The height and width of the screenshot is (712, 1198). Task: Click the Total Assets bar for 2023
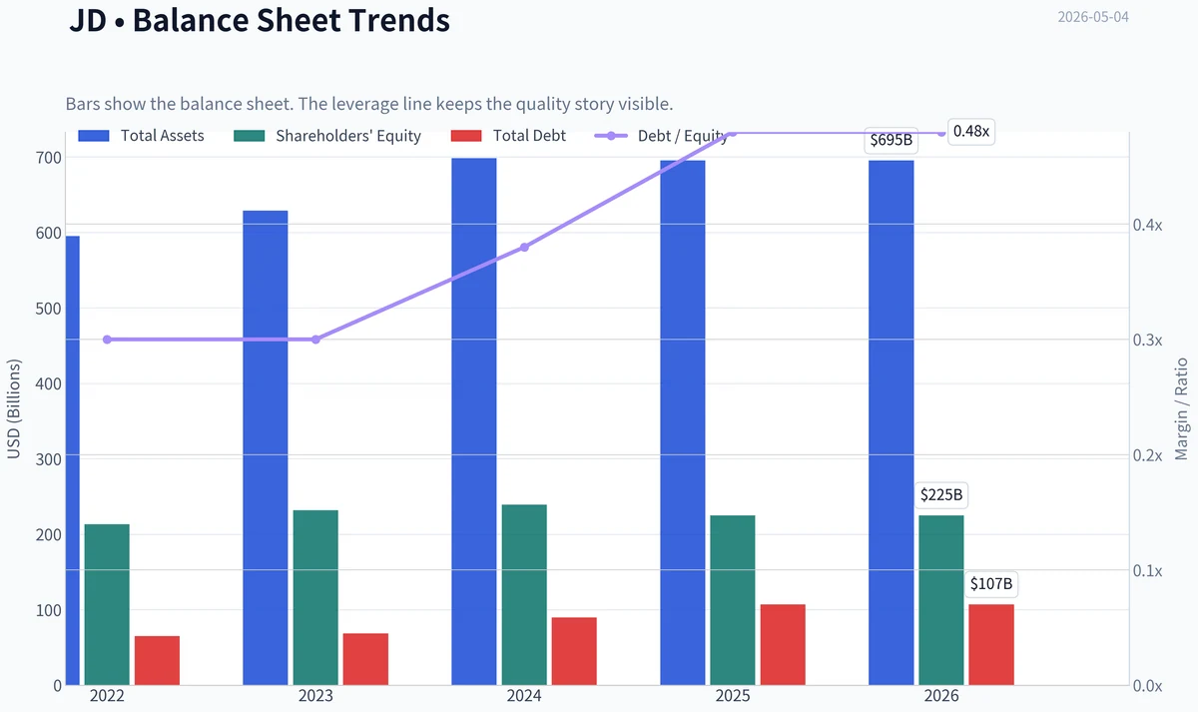point(266,447)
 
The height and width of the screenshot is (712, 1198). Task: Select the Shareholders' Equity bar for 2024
point(524,595)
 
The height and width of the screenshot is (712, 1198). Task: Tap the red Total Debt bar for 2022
point(158,661)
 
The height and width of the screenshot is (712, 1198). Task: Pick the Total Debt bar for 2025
point(783,645)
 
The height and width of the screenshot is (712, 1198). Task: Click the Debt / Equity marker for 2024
point(525,247)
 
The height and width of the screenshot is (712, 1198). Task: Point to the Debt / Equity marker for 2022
point(107,340)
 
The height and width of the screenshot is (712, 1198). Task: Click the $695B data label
point(891,140)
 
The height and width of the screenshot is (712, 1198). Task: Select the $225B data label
point(941,495)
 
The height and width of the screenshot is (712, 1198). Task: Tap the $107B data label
point(991,583)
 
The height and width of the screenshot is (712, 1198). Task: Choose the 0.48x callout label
point(971,131)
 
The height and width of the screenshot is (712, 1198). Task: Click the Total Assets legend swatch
point(94,136)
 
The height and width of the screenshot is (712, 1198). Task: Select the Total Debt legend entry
point(508,136)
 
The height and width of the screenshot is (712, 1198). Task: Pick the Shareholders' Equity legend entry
point(327,136)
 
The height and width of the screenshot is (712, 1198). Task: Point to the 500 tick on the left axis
point(49,309)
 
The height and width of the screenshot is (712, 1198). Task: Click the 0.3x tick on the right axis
point(1148,341)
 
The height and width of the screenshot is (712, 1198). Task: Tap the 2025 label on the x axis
point(733,696)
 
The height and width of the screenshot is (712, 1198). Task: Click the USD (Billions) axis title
point(13,408)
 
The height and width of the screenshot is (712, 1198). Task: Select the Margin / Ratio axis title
point(1181,408)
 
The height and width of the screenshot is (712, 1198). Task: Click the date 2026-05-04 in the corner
point(1093,17)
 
